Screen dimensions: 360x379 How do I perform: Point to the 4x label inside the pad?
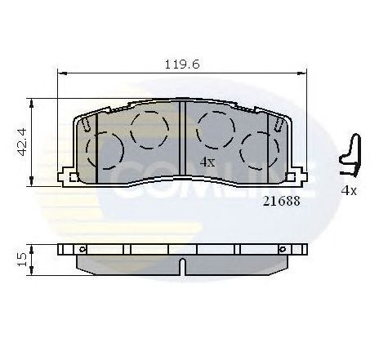[207, 162]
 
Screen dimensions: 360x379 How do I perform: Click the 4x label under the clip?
[349, 190]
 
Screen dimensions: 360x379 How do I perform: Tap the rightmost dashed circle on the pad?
[257, 149]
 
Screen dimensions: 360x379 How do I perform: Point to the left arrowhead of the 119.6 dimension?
[60, 75]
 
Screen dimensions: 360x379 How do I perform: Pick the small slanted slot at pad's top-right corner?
[279, 123]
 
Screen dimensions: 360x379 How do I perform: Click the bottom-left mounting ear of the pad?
[74, 177]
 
